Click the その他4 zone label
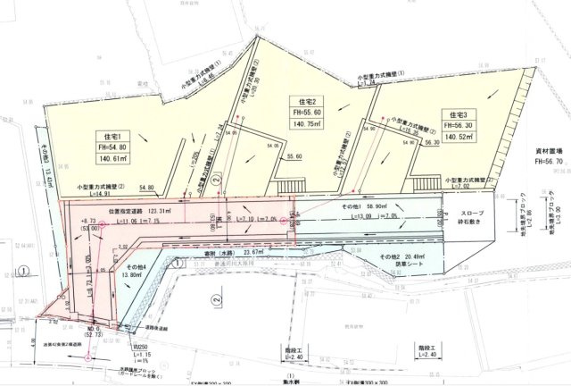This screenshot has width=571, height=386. tap(135, 268)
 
